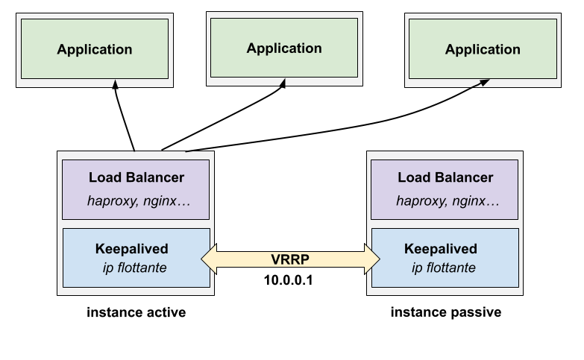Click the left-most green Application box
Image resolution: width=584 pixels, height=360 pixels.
95,49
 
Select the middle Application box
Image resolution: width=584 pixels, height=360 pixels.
284,48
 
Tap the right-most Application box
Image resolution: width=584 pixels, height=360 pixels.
483,49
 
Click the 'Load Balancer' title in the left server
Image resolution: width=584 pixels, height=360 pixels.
136,177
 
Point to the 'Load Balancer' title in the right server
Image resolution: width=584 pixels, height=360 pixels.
445,177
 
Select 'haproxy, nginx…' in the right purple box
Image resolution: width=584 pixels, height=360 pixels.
448,200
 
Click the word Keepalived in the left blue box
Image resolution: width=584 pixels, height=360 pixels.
132,248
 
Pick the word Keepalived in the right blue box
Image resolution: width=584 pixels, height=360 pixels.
441,248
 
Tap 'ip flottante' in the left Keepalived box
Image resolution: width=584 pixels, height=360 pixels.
134,268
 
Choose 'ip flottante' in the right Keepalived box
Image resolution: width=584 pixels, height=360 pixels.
443,268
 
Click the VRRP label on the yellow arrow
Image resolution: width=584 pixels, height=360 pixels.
291,259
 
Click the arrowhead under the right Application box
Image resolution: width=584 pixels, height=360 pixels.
484,82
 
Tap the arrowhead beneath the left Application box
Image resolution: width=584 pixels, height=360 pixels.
115,84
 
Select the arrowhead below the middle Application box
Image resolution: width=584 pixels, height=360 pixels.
283,83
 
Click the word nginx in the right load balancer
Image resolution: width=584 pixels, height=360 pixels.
477,200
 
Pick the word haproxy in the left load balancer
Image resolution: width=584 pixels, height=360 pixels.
111,200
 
